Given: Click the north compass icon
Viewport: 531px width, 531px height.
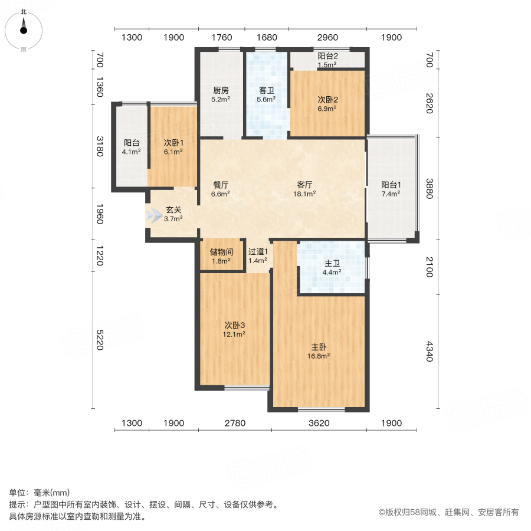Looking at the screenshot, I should [24, 27].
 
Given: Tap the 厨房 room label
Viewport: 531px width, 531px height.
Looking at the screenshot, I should [221, 95].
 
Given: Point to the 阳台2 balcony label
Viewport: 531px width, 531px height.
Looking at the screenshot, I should [327, 60].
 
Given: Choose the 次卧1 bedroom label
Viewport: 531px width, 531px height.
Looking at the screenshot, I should [173, 147].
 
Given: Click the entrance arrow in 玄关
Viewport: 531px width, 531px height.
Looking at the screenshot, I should [153, 216].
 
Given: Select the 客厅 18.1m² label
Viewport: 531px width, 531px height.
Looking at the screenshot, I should [306, 188].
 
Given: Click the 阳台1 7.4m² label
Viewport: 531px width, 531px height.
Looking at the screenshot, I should [391, 188].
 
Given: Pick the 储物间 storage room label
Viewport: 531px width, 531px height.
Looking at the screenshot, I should [221, 256].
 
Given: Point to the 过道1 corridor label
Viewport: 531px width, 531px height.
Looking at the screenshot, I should [258, 256].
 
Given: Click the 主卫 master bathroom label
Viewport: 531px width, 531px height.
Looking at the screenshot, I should [331, 268].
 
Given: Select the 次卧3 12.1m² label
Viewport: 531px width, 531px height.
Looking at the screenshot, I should [235, 329].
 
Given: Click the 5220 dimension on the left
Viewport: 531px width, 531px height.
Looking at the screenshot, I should [100, 340].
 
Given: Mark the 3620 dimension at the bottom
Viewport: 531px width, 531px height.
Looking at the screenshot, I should [319, 423].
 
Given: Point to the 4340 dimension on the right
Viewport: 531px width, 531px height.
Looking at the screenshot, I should [430, 352].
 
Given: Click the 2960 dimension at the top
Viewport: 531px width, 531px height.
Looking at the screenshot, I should [327, 38].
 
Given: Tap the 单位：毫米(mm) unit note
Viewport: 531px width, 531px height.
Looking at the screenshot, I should [40, 493].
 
